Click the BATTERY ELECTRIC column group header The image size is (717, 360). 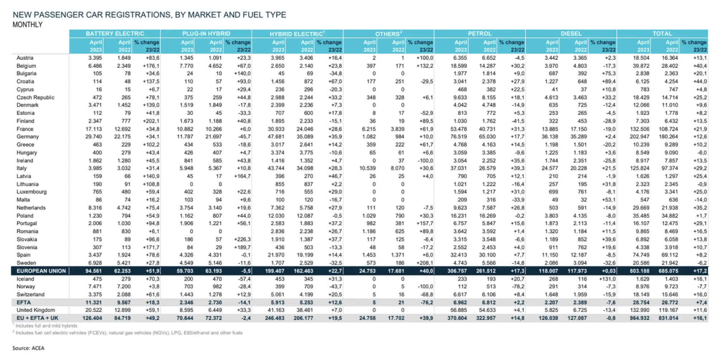(115, 33)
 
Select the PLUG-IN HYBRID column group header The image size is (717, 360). (206, 33)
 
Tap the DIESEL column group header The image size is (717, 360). (571, 33)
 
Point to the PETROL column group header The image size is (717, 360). (479, 33)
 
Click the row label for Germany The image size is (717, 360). (28, 137)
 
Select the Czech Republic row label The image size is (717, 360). (35, 97)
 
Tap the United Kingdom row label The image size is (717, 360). (35, 310)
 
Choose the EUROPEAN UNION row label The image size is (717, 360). (41, 271)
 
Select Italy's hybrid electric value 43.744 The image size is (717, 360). (276, 168)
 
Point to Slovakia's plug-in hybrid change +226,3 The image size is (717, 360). (242, 239)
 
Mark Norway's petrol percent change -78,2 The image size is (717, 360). (517, 286)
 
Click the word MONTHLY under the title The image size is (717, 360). (27, 24)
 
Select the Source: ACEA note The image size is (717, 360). (28, 348)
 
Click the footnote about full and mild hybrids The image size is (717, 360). (46, 326)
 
